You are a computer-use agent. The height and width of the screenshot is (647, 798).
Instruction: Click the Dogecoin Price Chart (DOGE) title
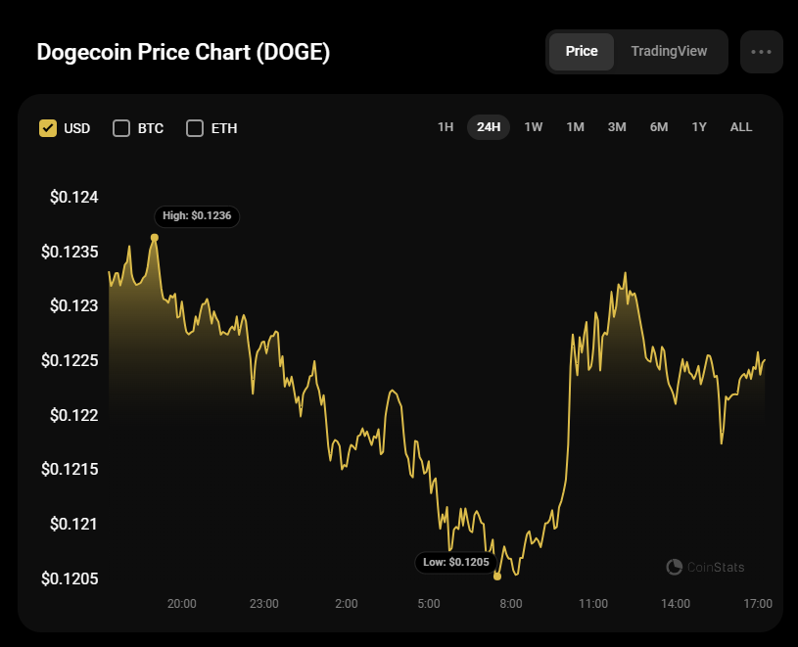point(183,53)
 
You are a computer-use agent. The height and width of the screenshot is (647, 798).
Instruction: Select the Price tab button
point(582,52)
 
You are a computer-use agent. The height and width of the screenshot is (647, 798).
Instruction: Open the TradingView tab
point(669,52)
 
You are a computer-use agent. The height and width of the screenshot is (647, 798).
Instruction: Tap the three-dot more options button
point(761,52)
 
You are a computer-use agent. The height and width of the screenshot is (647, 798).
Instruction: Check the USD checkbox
point(48,128)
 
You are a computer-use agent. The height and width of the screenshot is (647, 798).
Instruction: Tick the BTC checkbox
point(121,128)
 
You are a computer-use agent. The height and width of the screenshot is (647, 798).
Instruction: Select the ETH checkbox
point(195,128)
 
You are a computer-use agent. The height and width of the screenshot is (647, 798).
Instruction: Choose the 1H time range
point(446,127)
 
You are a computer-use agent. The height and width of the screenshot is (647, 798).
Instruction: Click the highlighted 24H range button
point(489,127)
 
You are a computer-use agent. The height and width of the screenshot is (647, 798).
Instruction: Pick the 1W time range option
point(533,127)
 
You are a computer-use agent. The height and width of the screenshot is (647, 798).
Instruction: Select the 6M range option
point(659,127)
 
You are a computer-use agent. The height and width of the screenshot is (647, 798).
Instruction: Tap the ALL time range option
point(741,127)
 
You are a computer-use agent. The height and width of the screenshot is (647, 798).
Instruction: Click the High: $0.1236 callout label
point(197,215)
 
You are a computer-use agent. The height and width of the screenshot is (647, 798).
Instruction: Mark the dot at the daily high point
point(155,238)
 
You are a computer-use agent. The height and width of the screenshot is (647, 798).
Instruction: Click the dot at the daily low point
point(497,577)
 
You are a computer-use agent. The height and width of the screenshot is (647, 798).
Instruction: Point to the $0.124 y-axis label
point(74,198)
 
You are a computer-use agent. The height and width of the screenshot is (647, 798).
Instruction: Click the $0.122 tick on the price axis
point(74,415)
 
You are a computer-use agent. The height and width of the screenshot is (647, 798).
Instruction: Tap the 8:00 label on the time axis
point(510,604)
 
